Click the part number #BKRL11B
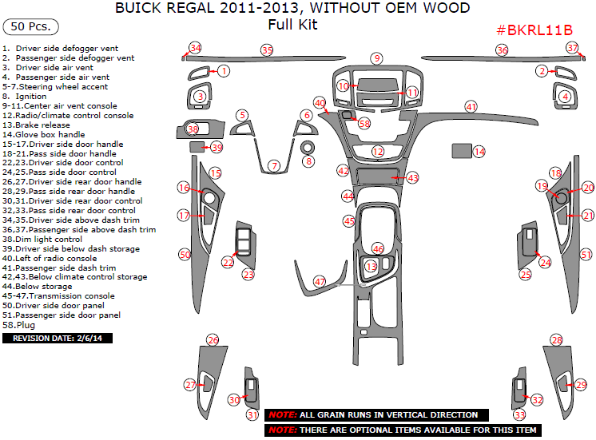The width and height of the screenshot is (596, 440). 534,30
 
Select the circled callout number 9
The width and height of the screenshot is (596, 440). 376,58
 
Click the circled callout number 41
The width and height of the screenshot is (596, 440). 471,107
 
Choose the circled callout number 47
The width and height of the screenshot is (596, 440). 320,282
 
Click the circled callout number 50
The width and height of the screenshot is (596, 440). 185,254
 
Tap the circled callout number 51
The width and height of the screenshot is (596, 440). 586,255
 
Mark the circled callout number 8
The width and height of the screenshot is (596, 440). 308,162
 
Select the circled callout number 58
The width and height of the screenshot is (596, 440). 364,124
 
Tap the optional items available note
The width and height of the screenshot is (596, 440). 403,430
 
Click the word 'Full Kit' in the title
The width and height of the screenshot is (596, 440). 292,25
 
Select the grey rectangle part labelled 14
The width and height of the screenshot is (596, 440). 461,150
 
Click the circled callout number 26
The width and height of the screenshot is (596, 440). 213,340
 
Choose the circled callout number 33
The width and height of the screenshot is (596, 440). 520,415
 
